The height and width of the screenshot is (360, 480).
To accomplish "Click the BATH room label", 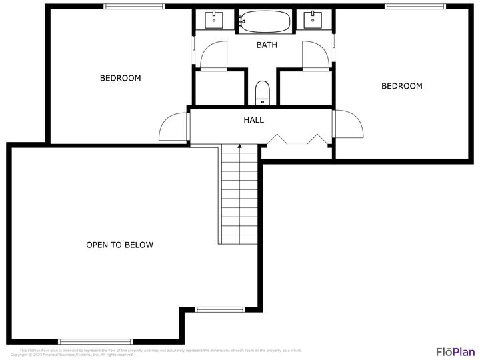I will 267,45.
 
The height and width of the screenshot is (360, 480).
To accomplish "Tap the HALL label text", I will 253,120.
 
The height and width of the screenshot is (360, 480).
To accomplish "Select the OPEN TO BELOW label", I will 120,245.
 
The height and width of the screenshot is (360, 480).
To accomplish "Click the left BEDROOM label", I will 120,78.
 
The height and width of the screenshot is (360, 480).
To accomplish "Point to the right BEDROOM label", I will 401,86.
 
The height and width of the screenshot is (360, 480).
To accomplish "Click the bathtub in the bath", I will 265,22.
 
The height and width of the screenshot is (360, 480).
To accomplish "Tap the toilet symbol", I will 262,92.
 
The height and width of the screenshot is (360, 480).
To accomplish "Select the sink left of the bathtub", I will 214,20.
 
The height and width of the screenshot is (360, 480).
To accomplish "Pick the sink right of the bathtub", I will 312,20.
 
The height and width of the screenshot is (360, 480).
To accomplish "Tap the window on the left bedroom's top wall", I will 133,7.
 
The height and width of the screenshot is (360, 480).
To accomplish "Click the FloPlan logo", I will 455,351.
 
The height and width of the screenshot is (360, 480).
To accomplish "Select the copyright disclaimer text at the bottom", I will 157,352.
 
